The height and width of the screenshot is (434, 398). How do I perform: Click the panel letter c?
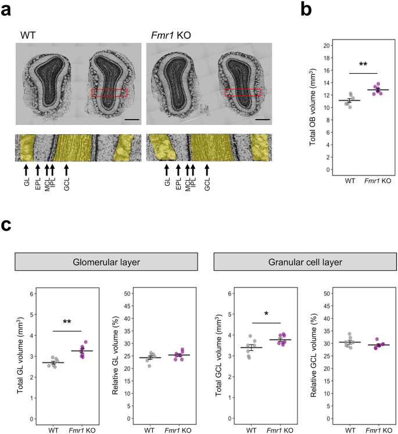tap(8, 225)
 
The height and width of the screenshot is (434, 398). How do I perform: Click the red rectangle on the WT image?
tap(109, 93)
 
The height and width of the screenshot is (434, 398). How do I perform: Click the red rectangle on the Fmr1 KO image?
tap(242, 92)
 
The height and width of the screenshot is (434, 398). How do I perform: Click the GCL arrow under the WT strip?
tap(66, 170)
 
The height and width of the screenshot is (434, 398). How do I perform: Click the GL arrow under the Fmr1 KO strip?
tap(166, 170)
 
